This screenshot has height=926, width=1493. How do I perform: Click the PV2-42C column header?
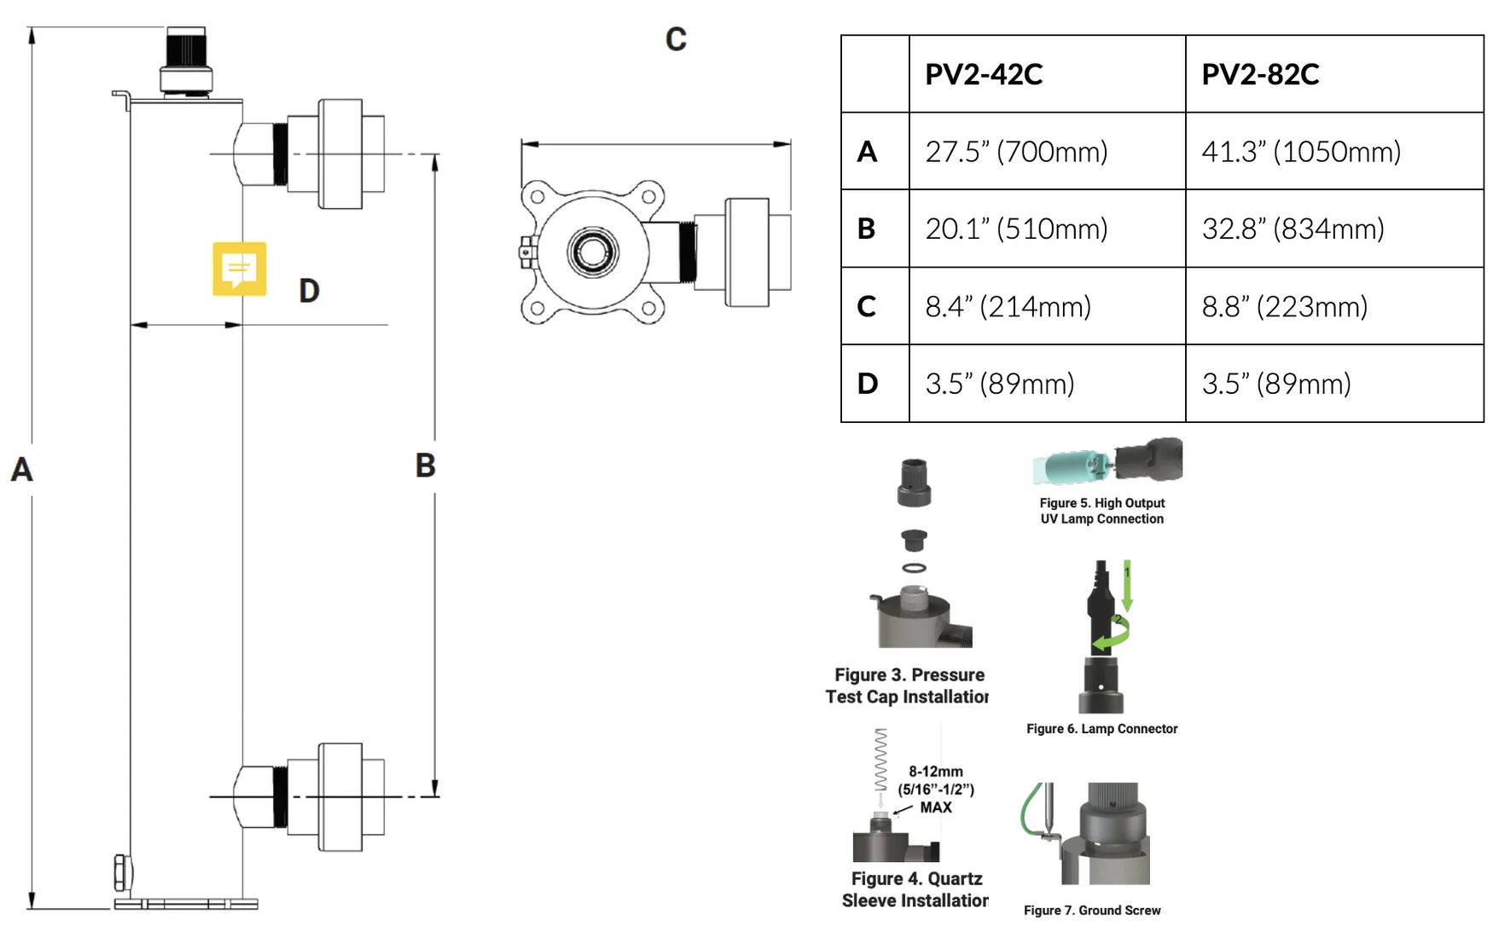click(984, 74)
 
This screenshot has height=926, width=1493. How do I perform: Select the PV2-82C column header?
click(1260, 74)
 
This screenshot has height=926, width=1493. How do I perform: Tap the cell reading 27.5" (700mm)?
click(1016, 152)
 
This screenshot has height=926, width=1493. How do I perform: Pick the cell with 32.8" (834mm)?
click(1293, 229)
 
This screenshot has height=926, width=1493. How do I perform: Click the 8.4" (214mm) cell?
click(1008, 306)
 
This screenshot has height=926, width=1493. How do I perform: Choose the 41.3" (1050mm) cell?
click(1301, 152)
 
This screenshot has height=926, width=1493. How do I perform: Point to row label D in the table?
click(867, 384)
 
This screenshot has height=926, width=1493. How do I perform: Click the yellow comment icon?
click(240, 269)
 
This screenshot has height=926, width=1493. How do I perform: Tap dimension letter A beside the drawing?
click(21, 470)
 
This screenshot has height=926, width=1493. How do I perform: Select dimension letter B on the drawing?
click(425, 466)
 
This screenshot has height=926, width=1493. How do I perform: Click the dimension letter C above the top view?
click(676, 39)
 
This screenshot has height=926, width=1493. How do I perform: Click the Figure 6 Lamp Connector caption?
click(1101, 729)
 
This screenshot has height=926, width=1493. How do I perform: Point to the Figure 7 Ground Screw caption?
click(1092, 911)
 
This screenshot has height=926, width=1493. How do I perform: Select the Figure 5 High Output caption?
click(1101, 511)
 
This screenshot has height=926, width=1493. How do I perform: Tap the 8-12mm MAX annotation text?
click(936, 789)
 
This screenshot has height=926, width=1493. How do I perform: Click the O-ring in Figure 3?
click(914, 568)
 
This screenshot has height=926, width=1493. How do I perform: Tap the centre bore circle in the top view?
click(593, 252)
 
